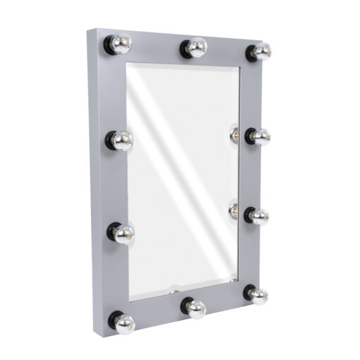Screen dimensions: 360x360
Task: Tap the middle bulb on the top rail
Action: click(196, 47)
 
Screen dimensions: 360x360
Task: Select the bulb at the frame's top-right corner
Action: click(260, 51)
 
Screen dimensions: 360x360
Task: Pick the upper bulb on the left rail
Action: click(121, 140)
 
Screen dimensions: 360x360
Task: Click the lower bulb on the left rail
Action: click(123, 234)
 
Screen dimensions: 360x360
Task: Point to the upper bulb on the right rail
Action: click(259, 136)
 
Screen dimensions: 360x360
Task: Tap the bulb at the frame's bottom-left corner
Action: click(124, 323)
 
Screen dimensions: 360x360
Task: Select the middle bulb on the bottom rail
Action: click(196, 308)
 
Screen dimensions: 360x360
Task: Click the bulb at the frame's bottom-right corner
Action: click(258, 295)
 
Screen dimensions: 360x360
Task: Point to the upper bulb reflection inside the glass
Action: click(234, 133)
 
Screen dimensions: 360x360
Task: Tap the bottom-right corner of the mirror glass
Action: click(238, 281)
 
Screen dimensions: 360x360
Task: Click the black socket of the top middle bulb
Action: click(186, 47)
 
